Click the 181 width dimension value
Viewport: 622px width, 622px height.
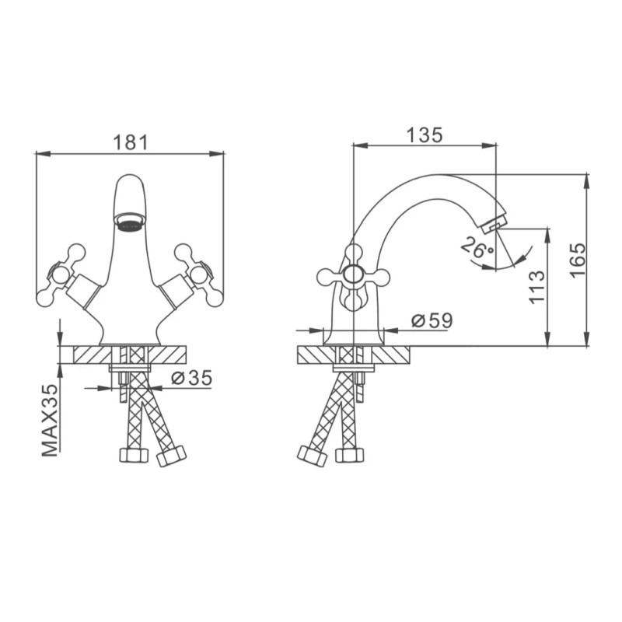pos(131,142)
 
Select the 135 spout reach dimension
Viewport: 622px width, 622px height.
pos(425,135)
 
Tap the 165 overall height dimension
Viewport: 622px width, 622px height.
pos(578,260)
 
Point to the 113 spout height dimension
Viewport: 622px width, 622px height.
pos(537,287)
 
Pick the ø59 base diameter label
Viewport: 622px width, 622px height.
pos(432,320)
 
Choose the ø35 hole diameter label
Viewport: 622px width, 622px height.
pos(191,378)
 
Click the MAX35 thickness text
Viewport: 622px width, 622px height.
pos(50,420)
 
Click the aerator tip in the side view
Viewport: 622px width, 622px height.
pos(494,223)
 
